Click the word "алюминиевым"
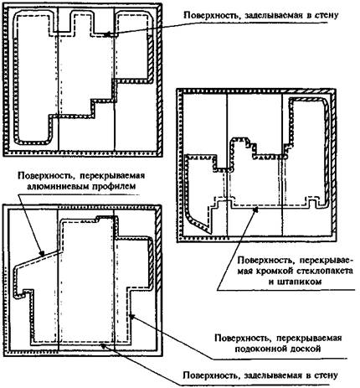(56, 186)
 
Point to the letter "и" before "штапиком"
(272, 282)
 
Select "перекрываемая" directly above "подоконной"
(309, 339)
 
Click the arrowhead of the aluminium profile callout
(41, 254)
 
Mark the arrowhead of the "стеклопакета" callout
(255, 209)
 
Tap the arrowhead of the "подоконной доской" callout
(132, 316)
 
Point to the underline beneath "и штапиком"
(285, 290)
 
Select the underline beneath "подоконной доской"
(280, 359)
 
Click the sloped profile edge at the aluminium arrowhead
(39, 256)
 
